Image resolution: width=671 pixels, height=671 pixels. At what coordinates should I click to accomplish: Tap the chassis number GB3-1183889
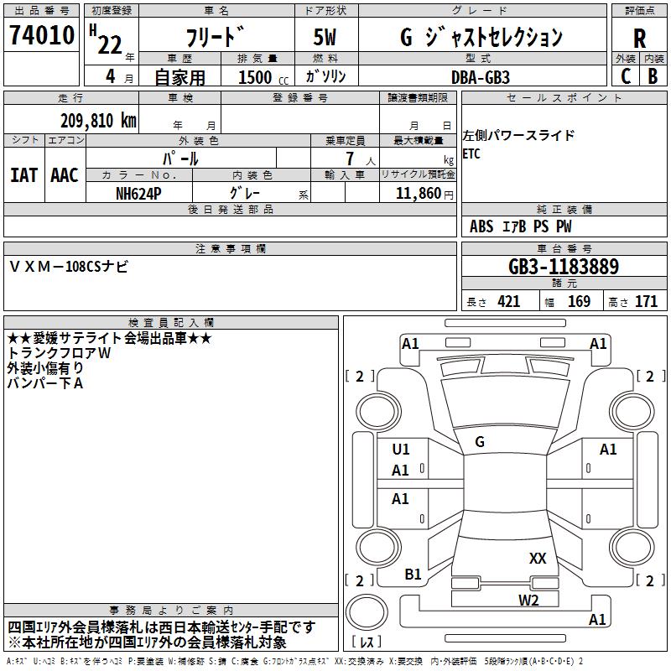click(564, 268)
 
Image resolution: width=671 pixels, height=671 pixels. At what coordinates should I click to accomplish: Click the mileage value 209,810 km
click(98, 120)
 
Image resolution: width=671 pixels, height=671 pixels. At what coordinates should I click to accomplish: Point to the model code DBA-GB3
click(480, 75)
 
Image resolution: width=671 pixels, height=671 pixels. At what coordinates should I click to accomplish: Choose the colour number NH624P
click(139, 193)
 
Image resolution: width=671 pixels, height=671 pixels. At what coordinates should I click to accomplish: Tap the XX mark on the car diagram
click(538, 558)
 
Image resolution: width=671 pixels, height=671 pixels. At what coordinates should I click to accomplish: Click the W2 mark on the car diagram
click(528, 600)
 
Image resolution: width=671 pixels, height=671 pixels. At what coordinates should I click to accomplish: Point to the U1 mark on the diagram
click(401, 450)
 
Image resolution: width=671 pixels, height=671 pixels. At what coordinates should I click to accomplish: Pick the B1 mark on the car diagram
click(413, 575)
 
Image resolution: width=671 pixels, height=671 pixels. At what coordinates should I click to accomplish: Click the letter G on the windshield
click(480, 441)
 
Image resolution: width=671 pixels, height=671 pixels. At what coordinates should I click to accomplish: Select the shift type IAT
click(23, 175)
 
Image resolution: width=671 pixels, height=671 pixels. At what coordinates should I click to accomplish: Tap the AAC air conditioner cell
click(65, 175)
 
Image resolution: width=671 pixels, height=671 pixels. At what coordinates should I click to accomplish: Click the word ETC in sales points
click(471, 153)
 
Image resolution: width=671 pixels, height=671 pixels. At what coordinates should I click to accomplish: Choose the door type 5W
click(325, 38)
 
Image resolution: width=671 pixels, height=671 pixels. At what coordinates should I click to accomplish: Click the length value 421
click(508, 302)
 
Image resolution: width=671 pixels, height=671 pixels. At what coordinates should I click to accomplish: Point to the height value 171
click(646, 302)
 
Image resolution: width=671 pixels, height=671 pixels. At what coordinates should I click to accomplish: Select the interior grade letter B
click(653, 75)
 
